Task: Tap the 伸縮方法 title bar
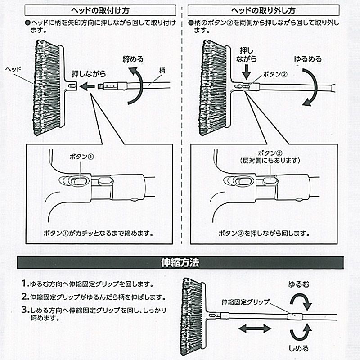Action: [x=180, y=262]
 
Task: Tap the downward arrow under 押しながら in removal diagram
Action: [x=246, y=71]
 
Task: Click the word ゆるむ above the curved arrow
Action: [x=299, y=285]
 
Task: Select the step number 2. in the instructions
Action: [x=25, y=297]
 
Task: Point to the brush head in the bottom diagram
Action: [x=191, y=315]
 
